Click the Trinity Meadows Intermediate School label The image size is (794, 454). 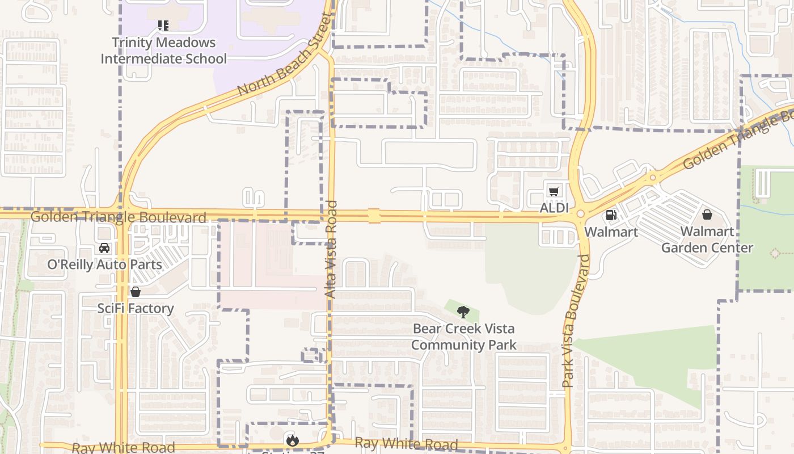click(x=163, y=51)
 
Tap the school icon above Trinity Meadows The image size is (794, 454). click(x=163, y=26)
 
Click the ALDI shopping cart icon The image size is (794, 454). click(x=554, y=191)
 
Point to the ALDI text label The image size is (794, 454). click(x=554, y=208)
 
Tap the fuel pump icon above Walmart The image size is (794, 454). click(x=611, y=215)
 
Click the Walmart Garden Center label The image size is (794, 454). click(x=707, y=239)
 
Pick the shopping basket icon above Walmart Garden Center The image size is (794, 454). click(x=707, y=215)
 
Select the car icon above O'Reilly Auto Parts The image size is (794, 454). click(x=104, y=248)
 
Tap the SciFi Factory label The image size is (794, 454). click(x=136, y=308)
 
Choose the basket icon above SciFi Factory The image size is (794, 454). click(x=136, y=292)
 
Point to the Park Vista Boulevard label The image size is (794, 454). click(x=576, y=321)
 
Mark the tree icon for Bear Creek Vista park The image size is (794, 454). click(x=463, y=312)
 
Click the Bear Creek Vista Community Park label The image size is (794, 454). click(x=463, y=337)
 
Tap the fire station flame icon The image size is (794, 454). click(x=292, y=440)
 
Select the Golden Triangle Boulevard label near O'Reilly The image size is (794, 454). click(x=118, y=217)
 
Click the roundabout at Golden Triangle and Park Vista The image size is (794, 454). click(x=580, y=214)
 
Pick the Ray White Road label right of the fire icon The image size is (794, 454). click(x=406, y=444)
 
